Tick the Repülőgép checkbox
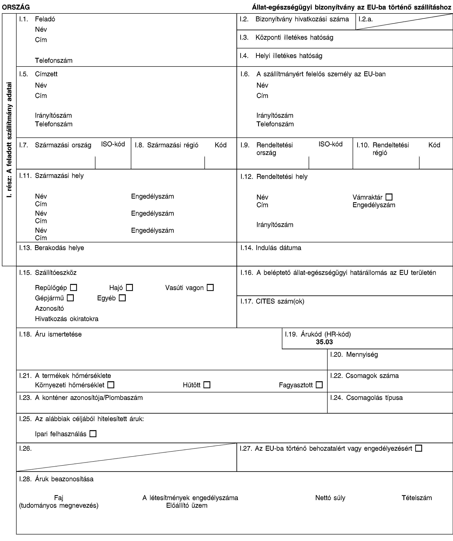(x=73, y=287)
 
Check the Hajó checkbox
(x=129, y=287)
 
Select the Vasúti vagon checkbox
(x=210, y=287)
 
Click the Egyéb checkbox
(x=122, y=298)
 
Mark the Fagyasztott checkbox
(x=319, y=385)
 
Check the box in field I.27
(x=418, y=448)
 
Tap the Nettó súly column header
(x=330, y=498)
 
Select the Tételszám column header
(x=417, y=498)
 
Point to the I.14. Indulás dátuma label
(x=271, y=248)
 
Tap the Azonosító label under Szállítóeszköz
(x=49, y=308)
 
